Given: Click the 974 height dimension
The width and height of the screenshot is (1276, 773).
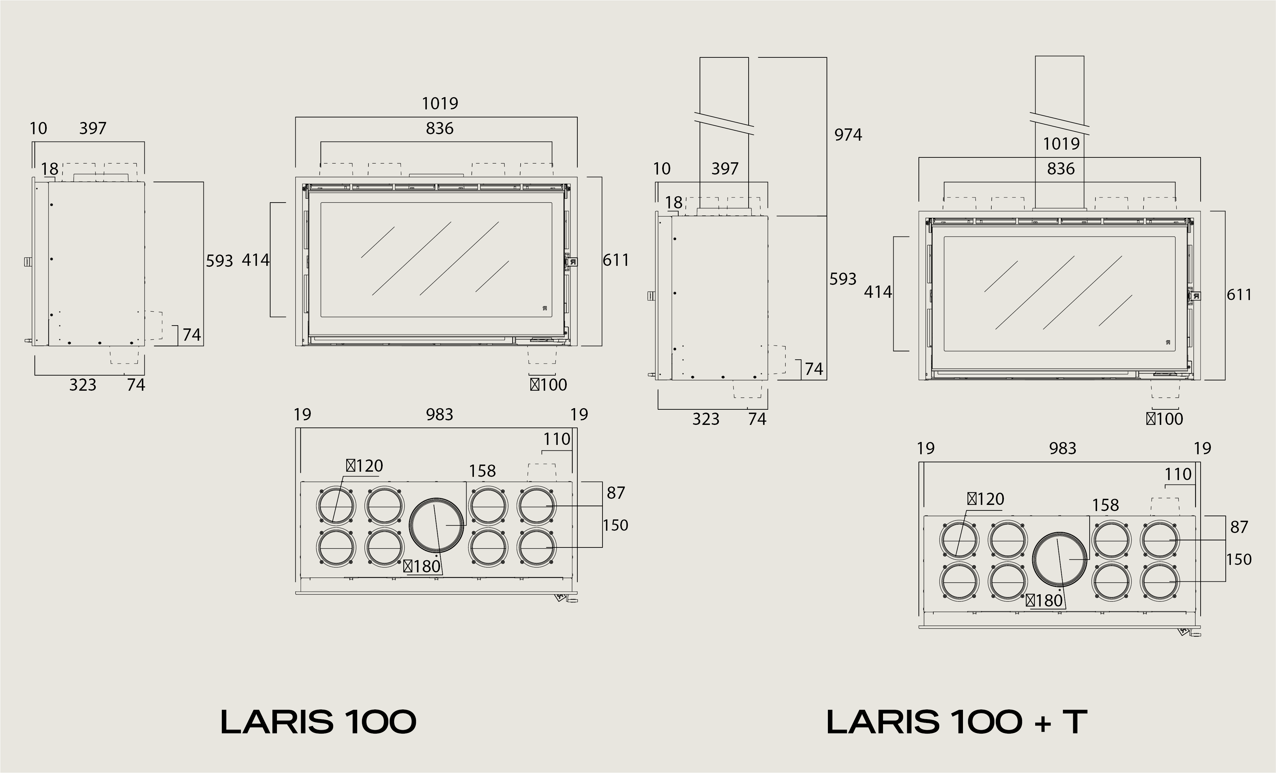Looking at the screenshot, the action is [x=848, y=135].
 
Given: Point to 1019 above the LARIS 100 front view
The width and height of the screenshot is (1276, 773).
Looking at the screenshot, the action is [x=440, y=104].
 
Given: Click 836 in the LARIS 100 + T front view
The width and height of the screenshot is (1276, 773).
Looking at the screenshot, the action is [x=1061, y=168].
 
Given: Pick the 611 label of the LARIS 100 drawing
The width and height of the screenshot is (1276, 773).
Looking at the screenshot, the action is [x=616, y=260].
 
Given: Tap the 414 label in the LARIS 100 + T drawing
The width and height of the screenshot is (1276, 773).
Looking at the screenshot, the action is [x=878, y=292].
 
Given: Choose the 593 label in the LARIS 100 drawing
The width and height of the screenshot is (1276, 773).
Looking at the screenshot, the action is [x=220, y=261].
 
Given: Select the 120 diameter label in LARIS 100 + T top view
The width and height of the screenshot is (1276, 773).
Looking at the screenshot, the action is [x=986, y=499].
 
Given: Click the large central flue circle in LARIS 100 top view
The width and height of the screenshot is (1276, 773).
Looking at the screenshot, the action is [x=436, y=525].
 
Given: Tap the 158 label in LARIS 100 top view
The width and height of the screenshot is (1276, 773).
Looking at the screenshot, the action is [x=482, y=471].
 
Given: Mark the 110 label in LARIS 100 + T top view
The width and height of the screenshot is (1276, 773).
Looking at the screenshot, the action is [x=1178, y=474].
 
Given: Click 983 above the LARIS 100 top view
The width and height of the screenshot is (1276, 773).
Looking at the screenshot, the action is [x=440, y=415].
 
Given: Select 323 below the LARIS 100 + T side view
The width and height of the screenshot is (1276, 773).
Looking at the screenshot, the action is [x=706, y=419].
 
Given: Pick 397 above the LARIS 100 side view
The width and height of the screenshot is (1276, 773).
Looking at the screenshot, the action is [x=93, y=128].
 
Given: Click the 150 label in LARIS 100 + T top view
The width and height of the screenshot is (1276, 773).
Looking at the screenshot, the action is [x=1239, y=559].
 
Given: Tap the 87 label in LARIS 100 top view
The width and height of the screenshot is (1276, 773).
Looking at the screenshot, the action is [x=616, y=493].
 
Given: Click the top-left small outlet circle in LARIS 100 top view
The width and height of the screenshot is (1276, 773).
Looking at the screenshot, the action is [x=336, y=506].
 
